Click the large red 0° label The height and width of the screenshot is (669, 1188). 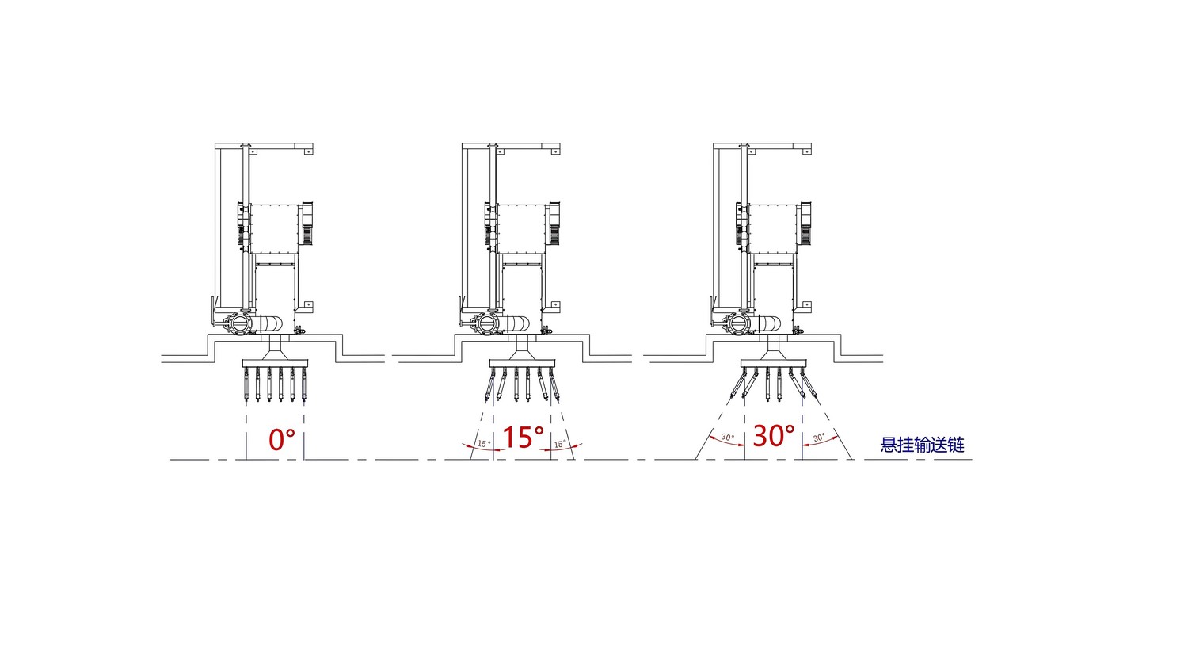[282, 440]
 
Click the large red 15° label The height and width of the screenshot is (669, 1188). [523, 437]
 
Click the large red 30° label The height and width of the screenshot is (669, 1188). [774, 435]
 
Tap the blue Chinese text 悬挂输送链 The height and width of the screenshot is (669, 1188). [923, 445]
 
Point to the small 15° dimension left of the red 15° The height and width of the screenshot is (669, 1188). [484, 443]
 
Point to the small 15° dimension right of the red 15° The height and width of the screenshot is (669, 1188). [559, 443]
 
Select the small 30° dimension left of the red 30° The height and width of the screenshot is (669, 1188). [728, 437]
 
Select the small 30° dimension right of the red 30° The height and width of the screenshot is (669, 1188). [819, 437]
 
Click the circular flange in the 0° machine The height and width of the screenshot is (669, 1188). [237, 323]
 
